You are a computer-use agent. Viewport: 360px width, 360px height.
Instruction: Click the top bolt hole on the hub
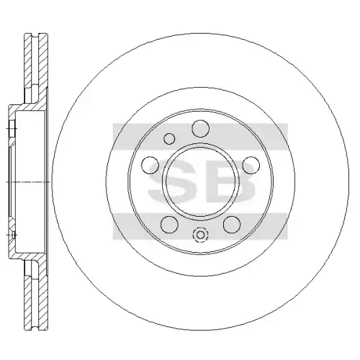[201, 129]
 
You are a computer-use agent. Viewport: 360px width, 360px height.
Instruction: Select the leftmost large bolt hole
[150, 165]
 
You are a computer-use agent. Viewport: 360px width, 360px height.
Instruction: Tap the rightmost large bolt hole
[251, 165]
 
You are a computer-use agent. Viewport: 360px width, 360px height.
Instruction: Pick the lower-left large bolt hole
[169, 224]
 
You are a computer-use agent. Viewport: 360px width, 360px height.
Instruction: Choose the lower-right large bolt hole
[232, 224]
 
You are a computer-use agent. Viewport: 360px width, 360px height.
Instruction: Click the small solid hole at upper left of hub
[169, 139]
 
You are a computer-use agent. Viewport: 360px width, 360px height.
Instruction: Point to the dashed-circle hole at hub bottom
[200, 235]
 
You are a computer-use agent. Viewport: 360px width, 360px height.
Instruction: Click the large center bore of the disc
[201, 181]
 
